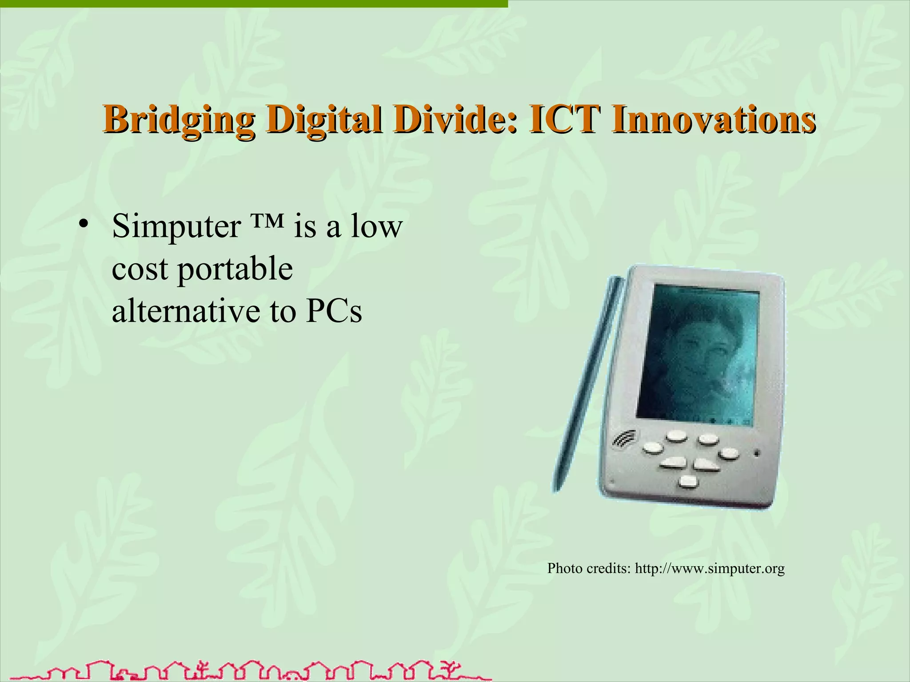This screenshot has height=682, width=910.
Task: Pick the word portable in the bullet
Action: [235, 270]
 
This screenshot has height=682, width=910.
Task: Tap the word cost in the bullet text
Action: [140, 270]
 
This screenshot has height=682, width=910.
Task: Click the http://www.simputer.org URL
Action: [710, 568]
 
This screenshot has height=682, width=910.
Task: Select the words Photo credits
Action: [588, 568]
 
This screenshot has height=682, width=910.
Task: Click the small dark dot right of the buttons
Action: [756, 453]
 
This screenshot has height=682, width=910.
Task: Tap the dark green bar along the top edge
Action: [253, 4]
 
